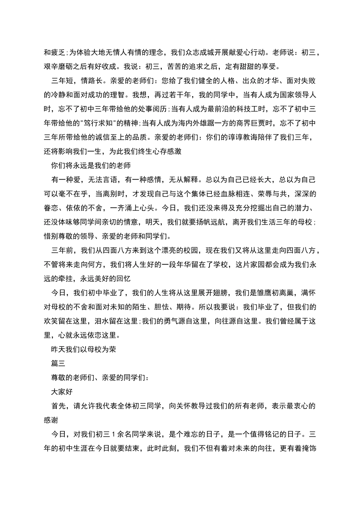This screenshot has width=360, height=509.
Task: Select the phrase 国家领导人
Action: point(298,95)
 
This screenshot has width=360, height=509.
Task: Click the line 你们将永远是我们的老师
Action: point(91,166)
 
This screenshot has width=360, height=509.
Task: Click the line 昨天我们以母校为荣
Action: point(84,349)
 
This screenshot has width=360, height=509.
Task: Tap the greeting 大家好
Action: point(62,392)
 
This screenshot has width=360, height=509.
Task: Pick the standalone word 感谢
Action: point(51,420)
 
